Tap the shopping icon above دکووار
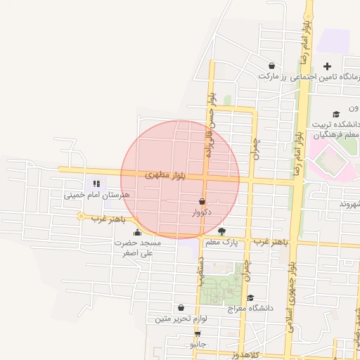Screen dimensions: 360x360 [202, 202]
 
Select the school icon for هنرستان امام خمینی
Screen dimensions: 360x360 [96, 184]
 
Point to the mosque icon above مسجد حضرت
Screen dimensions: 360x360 [137, 232]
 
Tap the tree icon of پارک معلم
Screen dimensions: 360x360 [222, 231]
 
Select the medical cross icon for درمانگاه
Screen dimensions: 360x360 [327, 67]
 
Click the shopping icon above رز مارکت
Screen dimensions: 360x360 [271, 66]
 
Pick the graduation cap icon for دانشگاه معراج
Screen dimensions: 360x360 [250, 298]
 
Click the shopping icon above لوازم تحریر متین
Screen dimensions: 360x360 [181, 308]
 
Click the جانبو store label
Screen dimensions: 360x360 [199, 345]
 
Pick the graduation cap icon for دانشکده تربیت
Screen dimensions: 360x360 [336, 114]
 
